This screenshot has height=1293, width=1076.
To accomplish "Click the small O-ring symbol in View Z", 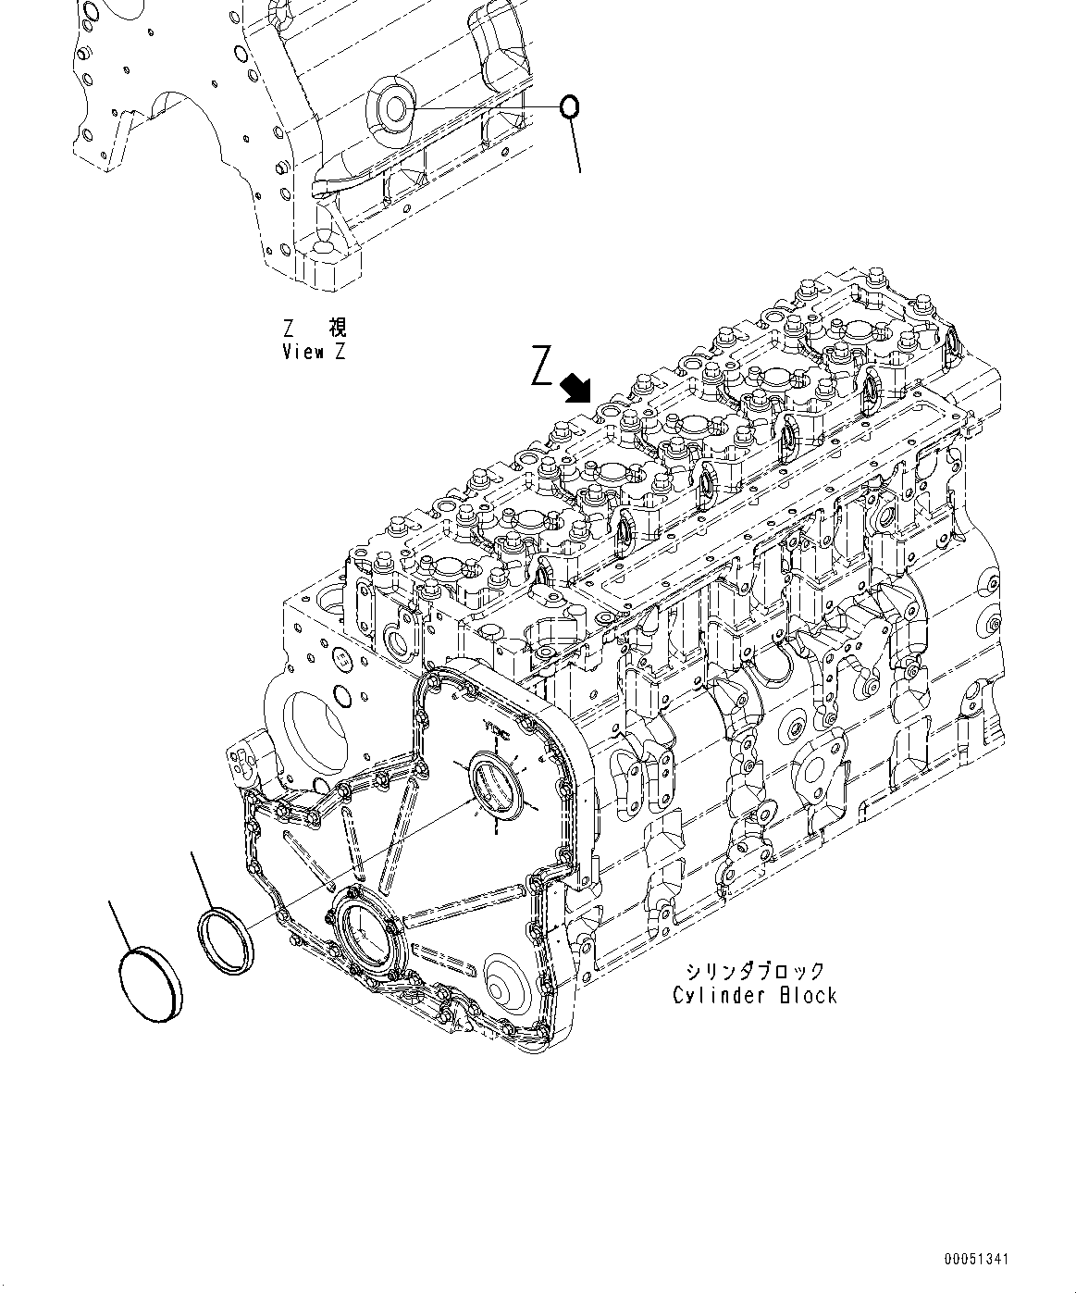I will point(571,107).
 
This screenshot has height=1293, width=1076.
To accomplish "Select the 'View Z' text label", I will point(314,352).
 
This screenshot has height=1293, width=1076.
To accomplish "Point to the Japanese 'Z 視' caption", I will point(315,328).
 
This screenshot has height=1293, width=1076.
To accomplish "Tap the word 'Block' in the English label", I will point(807,995).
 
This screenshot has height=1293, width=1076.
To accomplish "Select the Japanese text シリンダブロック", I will point(755,971).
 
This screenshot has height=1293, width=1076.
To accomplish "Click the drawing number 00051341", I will point(977,1260).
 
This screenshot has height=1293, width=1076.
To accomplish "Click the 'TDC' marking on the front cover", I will point(499,730).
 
